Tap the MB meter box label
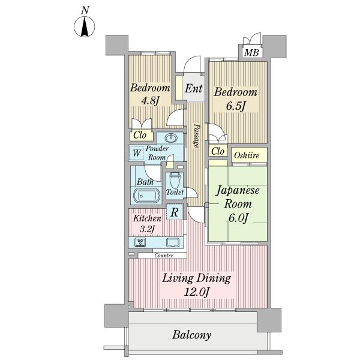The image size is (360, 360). pos(251,53)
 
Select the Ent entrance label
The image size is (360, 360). pos(194,88)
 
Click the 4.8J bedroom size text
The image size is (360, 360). pos(150,101)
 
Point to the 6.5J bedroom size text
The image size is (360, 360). pos(236,106)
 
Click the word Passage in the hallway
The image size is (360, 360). pos(196,136)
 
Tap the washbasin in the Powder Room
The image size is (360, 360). pos(171,138)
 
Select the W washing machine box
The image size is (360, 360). pos(136,152)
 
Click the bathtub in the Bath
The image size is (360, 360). pos(147,196)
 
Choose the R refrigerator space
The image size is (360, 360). pos(175,212)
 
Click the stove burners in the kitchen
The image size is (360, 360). pos(140,242)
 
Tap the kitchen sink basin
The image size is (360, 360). pos(173,242)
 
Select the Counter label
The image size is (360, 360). pos(164,256)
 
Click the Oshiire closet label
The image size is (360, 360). pos(247,155)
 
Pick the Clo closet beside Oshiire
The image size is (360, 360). pos(218,151)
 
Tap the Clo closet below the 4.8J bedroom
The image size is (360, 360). pos(140,135)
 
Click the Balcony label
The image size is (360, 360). pos(192,335)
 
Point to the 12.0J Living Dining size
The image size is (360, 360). pos(197,293)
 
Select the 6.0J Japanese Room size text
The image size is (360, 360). pos(238,218)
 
